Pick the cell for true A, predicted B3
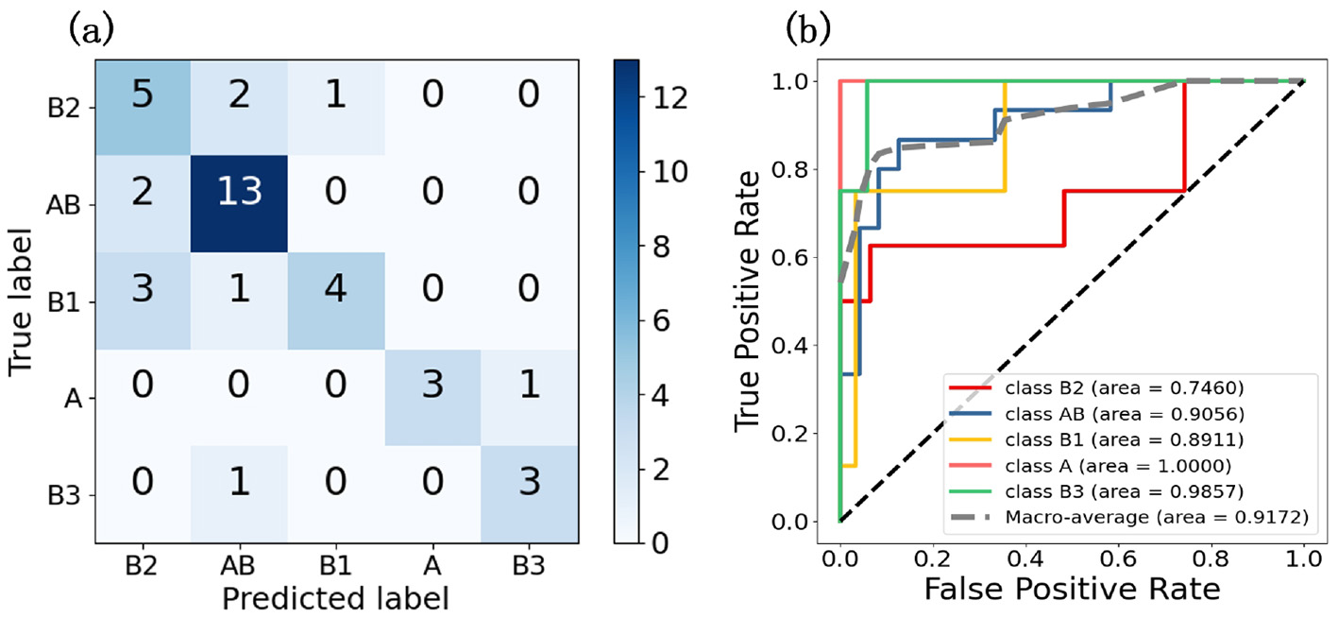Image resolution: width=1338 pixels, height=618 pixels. (x=531, y=398)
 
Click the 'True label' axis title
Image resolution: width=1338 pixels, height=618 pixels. (x=23, y=300)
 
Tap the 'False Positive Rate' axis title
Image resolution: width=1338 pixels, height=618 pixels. (x=1073, y=590)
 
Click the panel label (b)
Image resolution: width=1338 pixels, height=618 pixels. (x=808, y=30)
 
